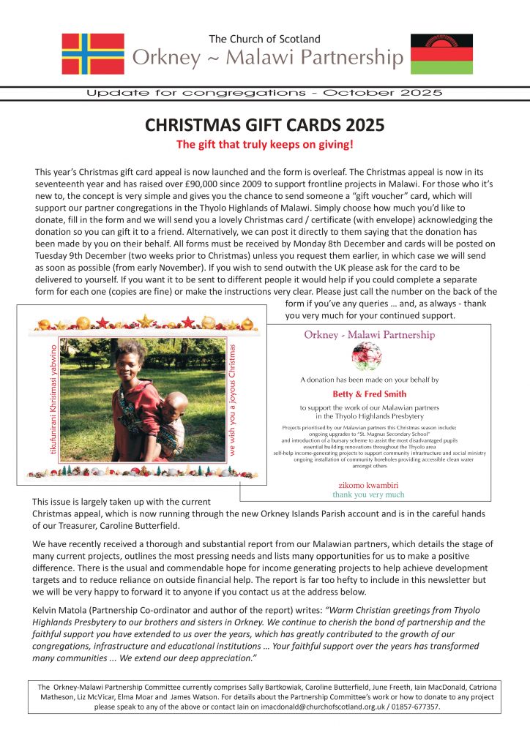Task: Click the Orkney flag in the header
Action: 93,54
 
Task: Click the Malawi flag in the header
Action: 441,53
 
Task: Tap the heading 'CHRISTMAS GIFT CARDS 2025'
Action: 264,125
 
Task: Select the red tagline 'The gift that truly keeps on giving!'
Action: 265,144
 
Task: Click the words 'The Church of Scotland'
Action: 264,39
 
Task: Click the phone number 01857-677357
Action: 415,707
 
